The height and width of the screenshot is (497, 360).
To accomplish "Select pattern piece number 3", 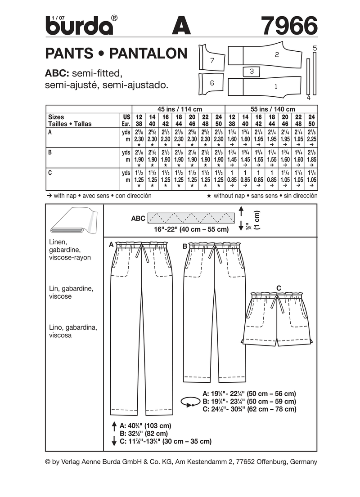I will tap(252, 71).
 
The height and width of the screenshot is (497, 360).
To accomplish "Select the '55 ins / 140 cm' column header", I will tap(272, 109).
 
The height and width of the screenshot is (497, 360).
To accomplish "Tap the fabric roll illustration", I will tap(72, 222).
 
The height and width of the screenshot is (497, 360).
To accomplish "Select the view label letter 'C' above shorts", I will tap(279, 287).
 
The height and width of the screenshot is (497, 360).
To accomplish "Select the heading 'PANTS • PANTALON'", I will tap(116, 54).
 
